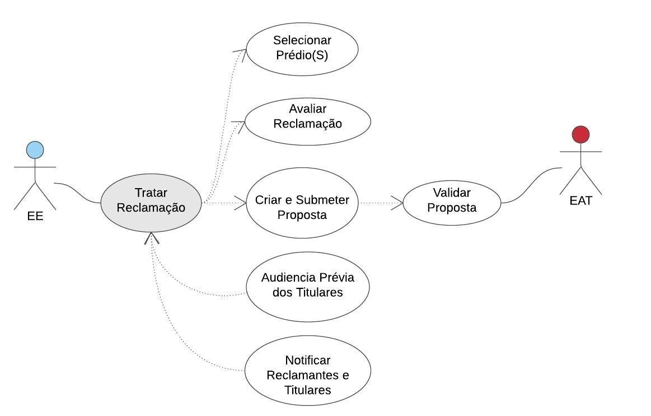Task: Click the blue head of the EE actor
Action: tap(35, 150)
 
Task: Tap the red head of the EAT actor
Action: tap(580, 134)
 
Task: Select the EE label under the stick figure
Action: tap(35, 216)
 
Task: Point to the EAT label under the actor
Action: tap(580, 200)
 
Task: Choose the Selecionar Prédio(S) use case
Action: tap(302, 48)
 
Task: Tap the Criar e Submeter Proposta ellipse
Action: tap(302, 203)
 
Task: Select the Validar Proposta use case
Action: tap(451, 203)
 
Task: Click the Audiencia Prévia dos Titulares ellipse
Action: tap(307, 286)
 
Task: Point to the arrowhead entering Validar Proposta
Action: tap(398, 203)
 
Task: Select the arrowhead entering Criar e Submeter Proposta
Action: tap(241, 203)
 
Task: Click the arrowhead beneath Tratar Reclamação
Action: tap(151, 238)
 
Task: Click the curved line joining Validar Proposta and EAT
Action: tap(532, 185)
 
